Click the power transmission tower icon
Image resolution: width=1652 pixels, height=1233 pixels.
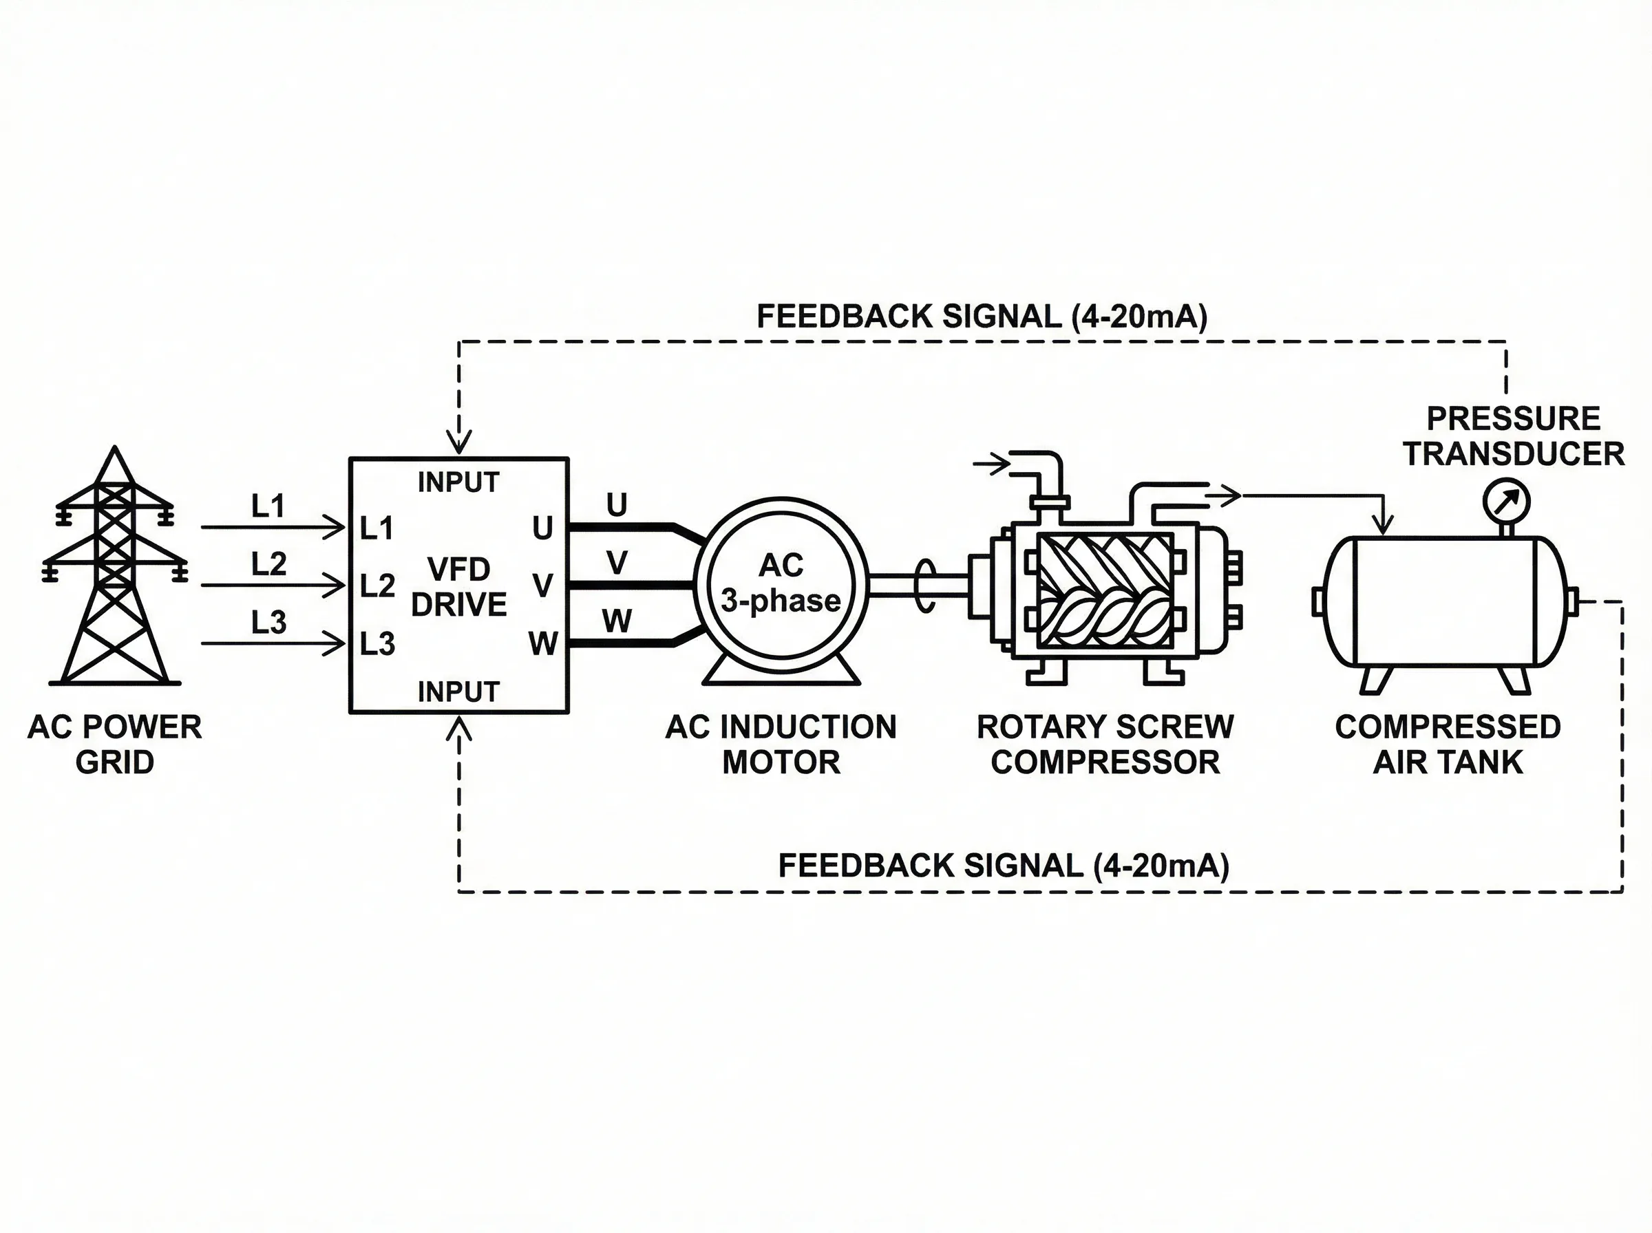click(x=115, y=567)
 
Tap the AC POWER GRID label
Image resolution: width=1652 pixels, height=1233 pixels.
click(x=114, y=744)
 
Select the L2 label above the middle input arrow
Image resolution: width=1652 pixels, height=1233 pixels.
click(x=268, y=564)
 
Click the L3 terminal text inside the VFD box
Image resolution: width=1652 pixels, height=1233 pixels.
click(x=377, y=643)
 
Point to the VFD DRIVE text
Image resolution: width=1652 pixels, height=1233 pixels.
click(x=458, y=587)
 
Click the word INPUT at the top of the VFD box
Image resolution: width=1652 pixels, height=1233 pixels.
click(x=458, y=482)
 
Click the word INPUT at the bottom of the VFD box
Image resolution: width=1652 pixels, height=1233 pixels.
click(x=458, y=692)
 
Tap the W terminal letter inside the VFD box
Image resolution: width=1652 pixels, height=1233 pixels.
click(x=542, y=643)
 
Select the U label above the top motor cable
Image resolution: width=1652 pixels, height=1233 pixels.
click(x=617, y=505)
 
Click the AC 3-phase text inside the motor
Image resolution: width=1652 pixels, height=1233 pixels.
click(x=781, y=583)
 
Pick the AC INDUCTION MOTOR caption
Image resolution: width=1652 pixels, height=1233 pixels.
click(x=781, y=744)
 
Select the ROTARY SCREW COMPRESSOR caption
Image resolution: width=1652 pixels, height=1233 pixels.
click(x=1105, y=744)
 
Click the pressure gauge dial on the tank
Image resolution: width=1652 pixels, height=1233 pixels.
click(x=1507, y=502)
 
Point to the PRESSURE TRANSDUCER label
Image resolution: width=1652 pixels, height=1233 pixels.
click(x=1513, y=436)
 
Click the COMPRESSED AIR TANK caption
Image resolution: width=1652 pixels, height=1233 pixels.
click(x=1448, y=744)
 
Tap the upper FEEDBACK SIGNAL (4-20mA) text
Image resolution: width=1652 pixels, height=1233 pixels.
click(x=982, y=317)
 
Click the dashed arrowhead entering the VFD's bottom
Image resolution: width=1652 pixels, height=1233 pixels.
click(x=458, y=729)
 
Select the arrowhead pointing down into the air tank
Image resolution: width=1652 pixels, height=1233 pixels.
click(x=1384, y=526)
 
